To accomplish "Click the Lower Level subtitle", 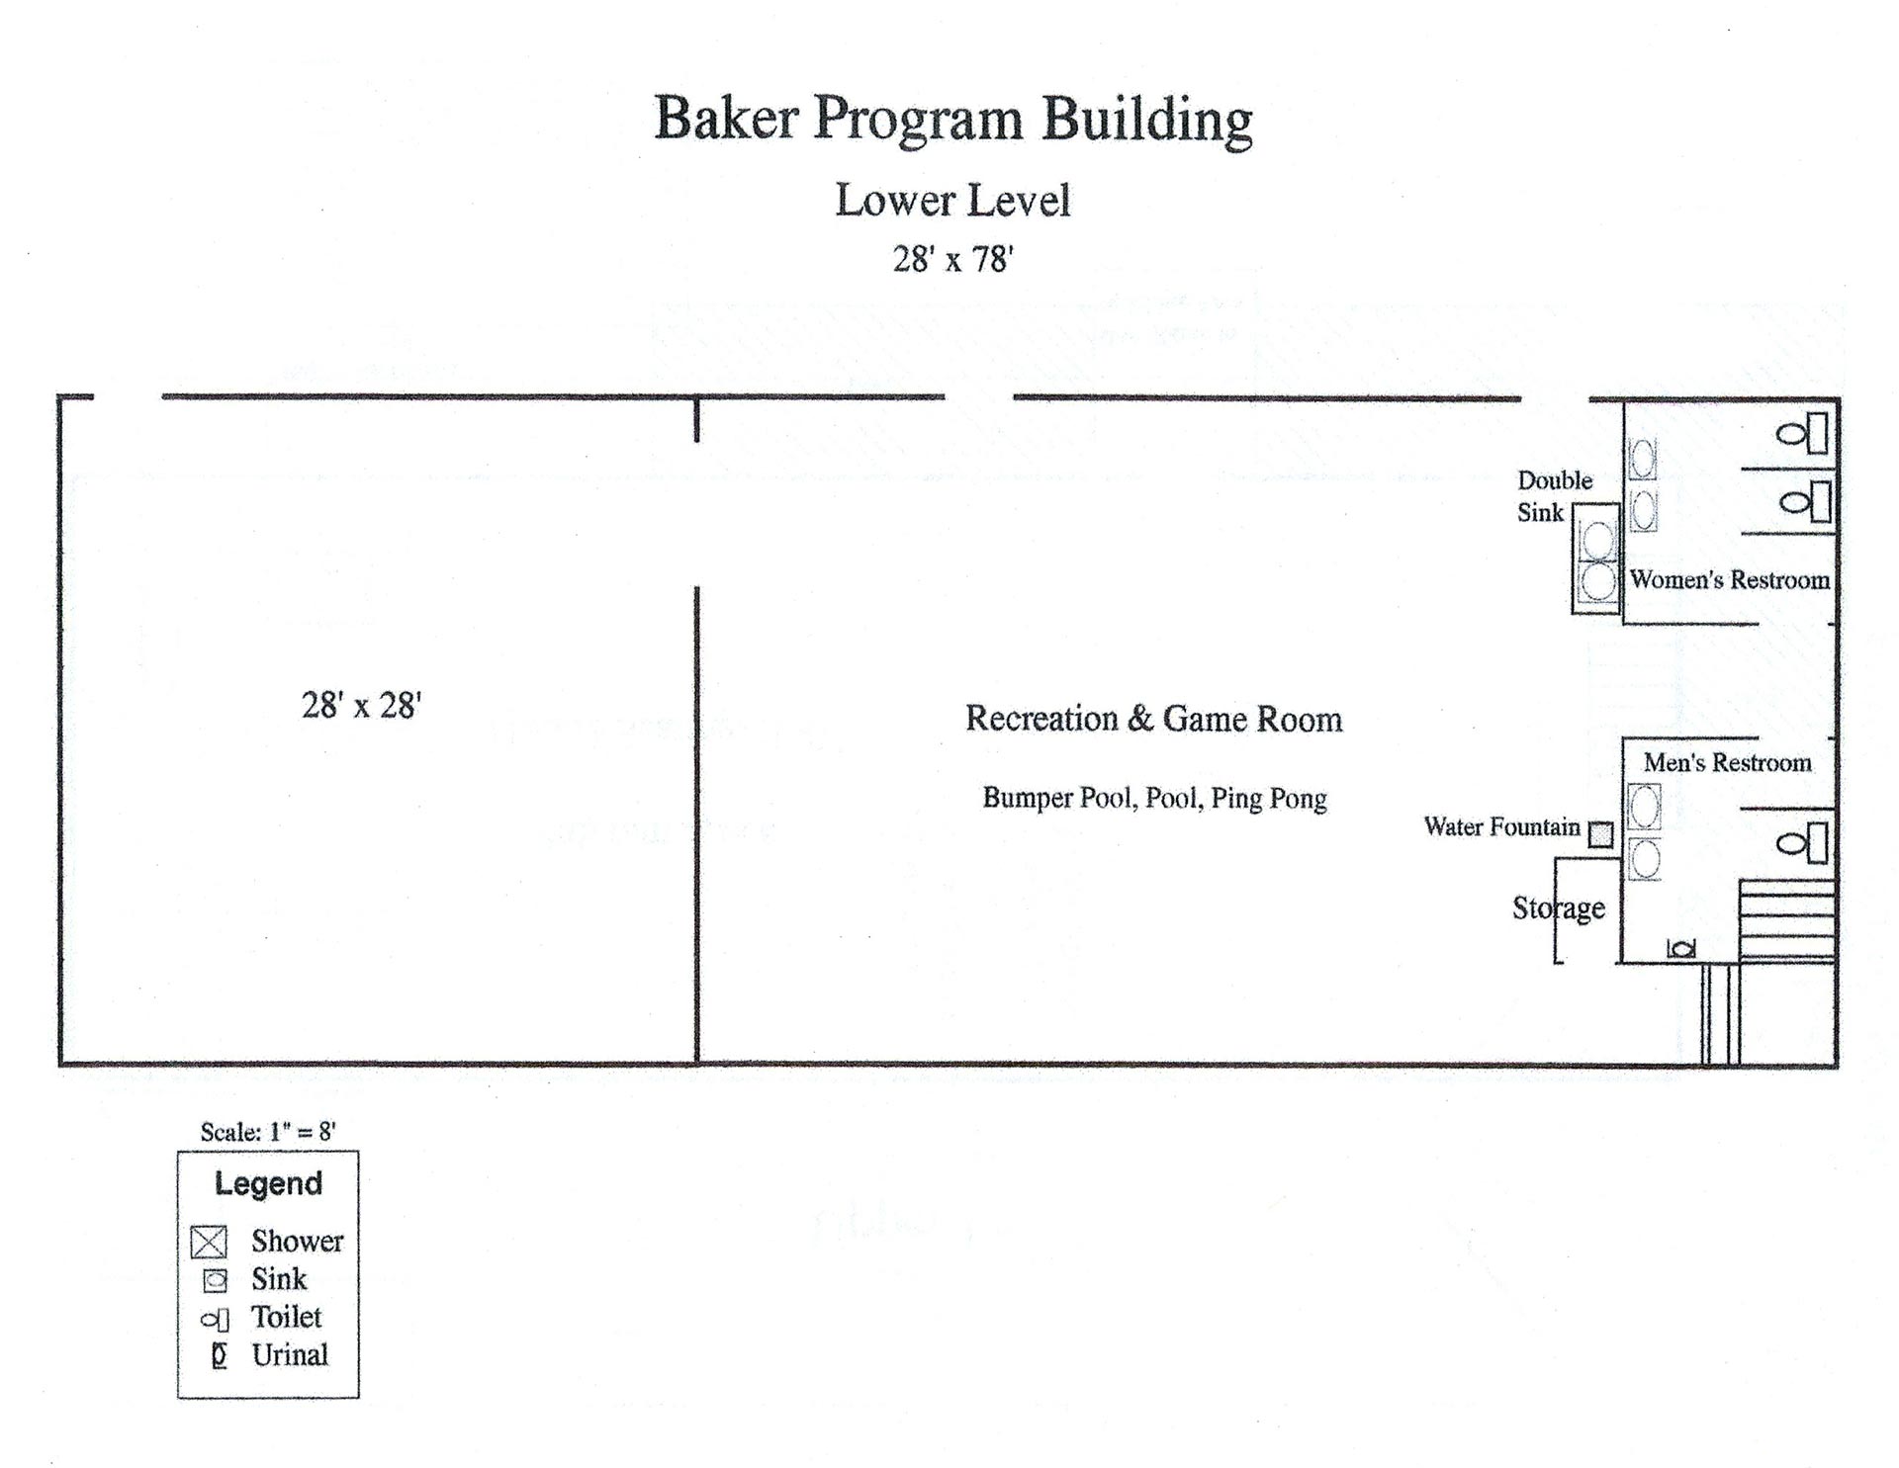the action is [x=953, y=200].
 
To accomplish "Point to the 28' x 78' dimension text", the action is [x=953, y=259].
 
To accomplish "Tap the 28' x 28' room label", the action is [x=362, y=705].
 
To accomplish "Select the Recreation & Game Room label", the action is [x=1154, y=719].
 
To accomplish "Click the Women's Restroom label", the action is [x=1730, y=579].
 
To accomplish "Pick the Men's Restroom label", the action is [x=1728, y=762].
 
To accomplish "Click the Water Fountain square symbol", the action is [x=1600, y=834].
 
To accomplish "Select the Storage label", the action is [x=1559, y=907].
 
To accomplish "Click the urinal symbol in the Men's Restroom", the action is [x=1681, y=949].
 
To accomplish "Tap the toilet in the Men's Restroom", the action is [x=1802, y=843].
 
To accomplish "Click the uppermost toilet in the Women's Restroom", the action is [x=1802, y=433].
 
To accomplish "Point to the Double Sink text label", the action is [x=1555, y=496].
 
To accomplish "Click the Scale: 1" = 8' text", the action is [x=268, y=1132].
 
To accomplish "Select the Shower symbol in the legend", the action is [x=209, y=1242].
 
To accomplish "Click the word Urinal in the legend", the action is [x=290, y=1354].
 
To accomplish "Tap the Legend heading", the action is [x=269, y=1184].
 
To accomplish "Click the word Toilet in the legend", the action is [x=287, y=1317].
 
